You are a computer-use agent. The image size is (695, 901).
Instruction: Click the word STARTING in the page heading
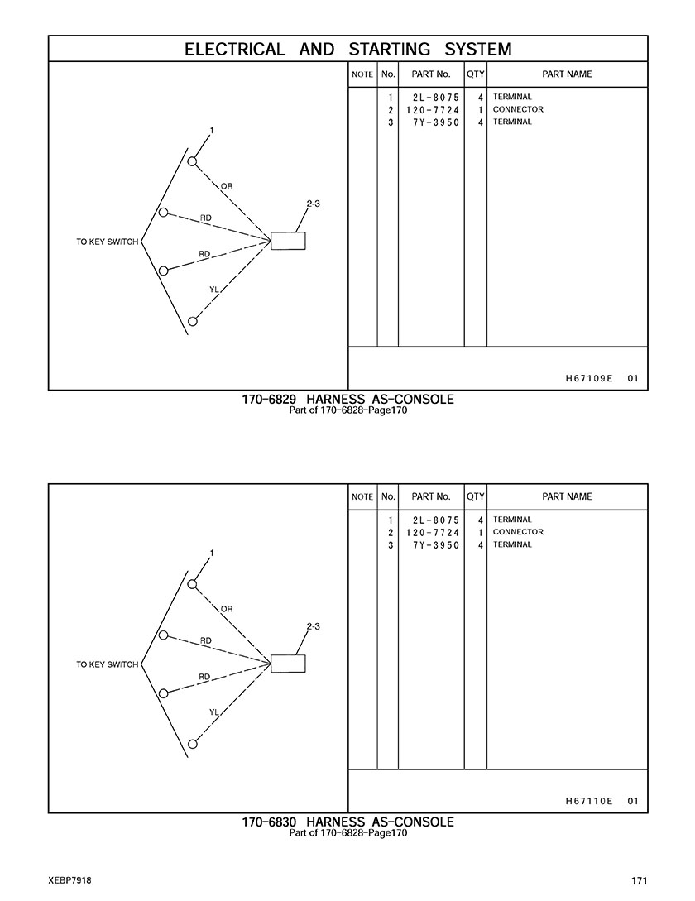point(389,50)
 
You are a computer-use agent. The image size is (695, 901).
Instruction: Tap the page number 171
point(639,880)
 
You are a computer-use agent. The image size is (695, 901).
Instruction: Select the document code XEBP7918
point(70,880)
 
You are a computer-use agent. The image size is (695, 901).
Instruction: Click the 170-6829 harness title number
point(269,400)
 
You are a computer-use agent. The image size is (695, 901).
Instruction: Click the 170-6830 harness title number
point(269,822)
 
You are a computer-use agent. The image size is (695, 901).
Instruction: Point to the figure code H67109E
point(589,378)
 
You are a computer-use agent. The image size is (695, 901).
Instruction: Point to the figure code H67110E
point(589,801)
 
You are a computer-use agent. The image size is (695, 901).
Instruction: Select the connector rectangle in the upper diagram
point(288,241)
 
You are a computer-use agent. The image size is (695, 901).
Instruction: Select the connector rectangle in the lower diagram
point(288,664)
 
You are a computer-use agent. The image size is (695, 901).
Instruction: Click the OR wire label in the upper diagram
point(227,186)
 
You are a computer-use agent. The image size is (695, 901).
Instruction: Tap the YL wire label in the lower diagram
point(214,712)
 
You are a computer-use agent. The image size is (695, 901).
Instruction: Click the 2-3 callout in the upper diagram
point(314,204)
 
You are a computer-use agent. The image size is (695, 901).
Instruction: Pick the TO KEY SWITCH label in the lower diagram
point(108,664)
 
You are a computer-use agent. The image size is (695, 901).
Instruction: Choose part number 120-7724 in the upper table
point(433,110)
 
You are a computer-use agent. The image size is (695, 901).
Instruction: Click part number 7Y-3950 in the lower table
point(436,544)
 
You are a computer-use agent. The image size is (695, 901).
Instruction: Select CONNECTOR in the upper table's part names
point(518,109)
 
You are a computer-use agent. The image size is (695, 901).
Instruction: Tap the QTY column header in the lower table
point(476,496)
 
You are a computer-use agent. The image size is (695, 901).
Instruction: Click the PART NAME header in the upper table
point(567,74)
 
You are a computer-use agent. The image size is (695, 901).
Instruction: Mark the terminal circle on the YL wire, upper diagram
point(193,321)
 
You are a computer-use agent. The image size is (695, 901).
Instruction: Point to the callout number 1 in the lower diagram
point(212,554)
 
